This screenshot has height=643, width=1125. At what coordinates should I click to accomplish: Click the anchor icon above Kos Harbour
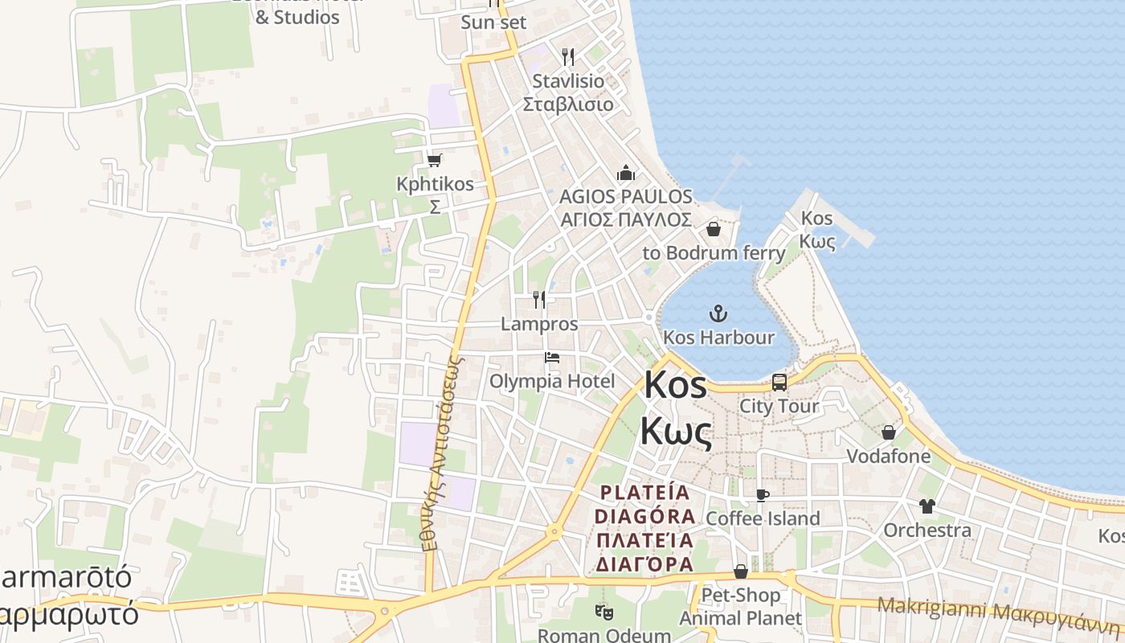click(718, 313)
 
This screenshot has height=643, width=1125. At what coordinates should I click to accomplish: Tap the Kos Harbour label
click(718, 338)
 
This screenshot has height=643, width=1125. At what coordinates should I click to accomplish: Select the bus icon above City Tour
click(779, 383)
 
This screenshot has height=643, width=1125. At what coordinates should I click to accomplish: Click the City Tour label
click(779, 406)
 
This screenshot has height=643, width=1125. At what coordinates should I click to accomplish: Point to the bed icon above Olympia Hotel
click(552, 358)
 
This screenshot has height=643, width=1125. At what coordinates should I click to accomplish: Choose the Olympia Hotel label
click(552, 381)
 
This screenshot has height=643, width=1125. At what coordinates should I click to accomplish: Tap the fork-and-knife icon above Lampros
click(539, 300)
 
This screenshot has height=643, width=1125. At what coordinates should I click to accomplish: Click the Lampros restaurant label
click(539, 324)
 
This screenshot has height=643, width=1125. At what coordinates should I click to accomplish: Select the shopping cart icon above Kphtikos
click(435, 160)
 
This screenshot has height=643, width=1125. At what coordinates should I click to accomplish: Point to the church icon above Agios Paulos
click(625, 173)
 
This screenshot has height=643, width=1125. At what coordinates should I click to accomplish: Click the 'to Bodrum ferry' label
click(714, 253)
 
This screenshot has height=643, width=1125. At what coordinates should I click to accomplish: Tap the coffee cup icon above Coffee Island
click(763, 495)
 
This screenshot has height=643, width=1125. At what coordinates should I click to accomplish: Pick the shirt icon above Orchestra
click(927, 506)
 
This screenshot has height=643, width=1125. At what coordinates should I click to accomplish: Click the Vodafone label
click(888, 457)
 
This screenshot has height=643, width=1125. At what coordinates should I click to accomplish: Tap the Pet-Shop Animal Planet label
click(740, 607)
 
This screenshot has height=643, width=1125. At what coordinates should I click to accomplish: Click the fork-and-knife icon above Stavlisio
click(568, 56)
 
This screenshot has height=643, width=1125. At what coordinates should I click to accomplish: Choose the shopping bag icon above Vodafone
click(888, 433)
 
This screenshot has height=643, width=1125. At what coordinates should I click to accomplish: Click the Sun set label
click(493, 23)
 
